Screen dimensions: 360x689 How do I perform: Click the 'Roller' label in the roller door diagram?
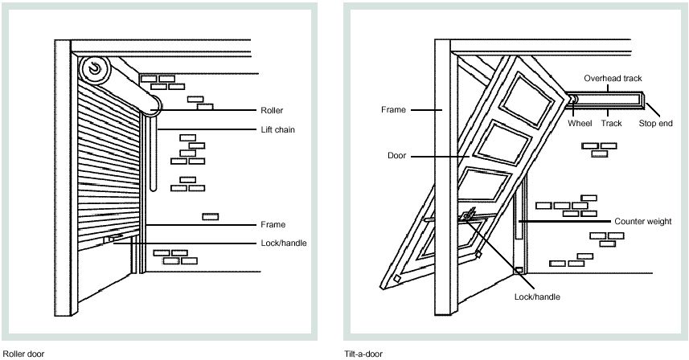tap(272, 110)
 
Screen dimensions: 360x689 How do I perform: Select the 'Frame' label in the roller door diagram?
tap(273, 224)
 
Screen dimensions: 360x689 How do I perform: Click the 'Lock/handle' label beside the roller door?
tap(283, 243)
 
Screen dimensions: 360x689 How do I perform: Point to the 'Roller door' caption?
tap(23, 353)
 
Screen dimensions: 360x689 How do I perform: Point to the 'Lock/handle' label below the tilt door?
tap(536, 297)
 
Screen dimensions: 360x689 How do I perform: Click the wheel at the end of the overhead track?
tap(572, 100)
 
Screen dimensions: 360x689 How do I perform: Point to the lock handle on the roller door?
tap(112, 238)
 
